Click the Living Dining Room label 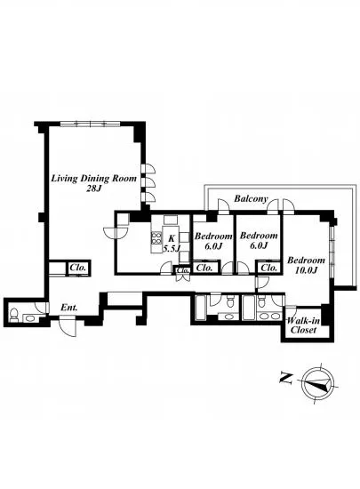click(x=94, y=179)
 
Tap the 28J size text click(x=94, y=188)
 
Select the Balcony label click(x=251, y=198)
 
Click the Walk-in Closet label click(x=303, y=325)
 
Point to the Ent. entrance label click(x=68, y=308)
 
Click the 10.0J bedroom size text click(x=306, y=270)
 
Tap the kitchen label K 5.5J click(x=172, y=244)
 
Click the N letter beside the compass click(x=286, y=377)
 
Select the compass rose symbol click(x=318, y=382)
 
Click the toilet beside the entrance click(x=13, y=315)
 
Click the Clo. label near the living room click(x=78, y=268)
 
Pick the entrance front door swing click(x=68, y=326)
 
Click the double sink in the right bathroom click(x=269, y=317)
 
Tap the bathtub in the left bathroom click(x=200, y=308)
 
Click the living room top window click(x=91, y=124)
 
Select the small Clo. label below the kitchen click(x=182, y=270)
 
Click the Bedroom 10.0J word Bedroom click(x=306, y=260)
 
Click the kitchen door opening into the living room click(x=115, y=233)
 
